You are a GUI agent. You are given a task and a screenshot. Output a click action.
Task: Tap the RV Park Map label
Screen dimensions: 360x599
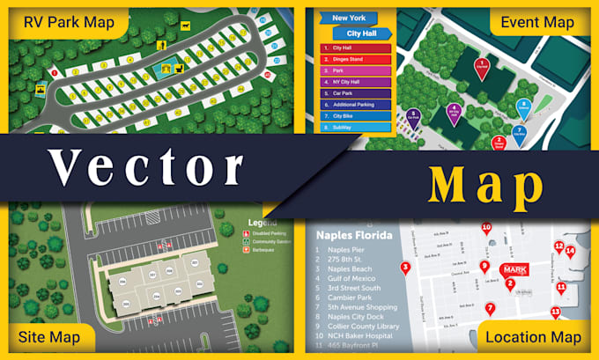point(70,22)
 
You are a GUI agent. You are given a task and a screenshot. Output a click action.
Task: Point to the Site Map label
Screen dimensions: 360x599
point(48,337)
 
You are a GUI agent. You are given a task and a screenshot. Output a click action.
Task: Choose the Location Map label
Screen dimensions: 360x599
point(533,337)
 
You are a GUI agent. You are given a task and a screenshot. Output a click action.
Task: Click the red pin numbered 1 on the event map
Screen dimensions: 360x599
point(482,66)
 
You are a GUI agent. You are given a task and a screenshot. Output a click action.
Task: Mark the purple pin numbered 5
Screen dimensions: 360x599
point(412,115)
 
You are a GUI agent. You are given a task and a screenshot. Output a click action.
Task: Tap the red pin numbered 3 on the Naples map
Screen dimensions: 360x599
point(404,268)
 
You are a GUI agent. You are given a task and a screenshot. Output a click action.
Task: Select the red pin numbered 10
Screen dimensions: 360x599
point(485,229)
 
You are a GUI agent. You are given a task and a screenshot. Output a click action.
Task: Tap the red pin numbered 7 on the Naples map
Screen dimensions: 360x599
point(491,308)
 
